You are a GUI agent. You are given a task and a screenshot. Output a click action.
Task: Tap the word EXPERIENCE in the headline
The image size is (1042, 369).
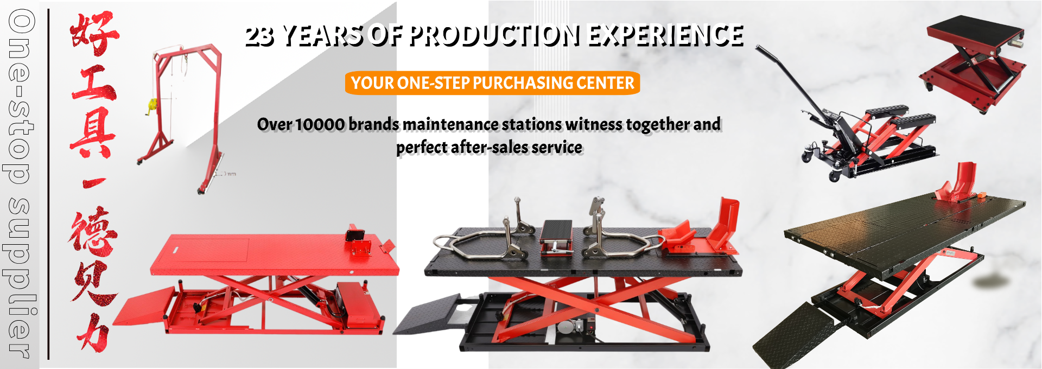pyautogui.click(x=665, y=35)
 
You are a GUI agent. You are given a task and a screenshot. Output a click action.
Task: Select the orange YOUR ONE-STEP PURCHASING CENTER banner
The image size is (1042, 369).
pyautogui.click(x=492, y=83)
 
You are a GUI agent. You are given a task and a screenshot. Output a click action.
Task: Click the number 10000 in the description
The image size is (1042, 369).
pyautogui.click(x=320, y=124)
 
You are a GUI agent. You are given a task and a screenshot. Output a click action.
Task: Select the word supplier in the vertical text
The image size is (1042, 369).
pyautogui.click(x=20, y=277)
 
